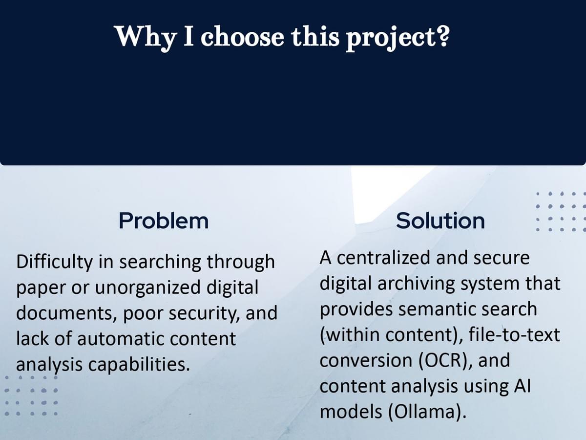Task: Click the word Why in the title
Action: [146, 37]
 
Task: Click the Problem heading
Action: [164, 221]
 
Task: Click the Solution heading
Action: [440, 221]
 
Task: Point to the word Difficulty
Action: [55, 263]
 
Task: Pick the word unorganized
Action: [147, 287]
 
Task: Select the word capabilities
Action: [139, 365]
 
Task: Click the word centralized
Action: [384, 258]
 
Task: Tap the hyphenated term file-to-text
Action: [514, 335]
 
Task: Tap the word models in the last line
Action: [351, 412]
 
